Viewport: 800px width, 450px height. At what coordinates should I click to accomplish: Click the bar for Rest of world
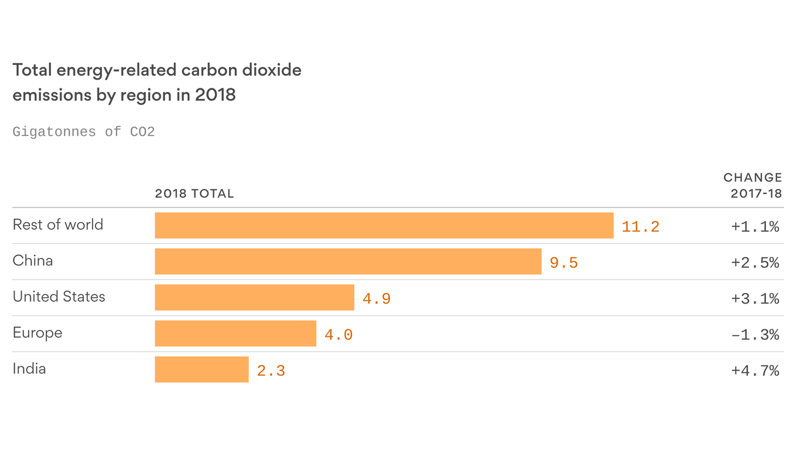tap(384, 226)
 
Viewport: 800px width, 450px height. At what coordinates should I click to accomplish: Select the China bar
tap(348, 261)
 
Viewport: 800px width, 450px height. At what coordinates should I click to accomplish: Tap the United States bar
tap(254, 298)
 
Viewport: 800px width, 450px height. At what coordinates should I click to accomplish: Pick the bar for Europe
tap(235, 333)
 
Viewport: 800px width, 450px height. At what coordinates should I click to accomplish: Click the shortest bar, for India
tap(201, 370)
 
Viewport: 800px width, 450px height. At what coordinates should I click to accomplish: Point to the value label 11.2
tap(640, 227)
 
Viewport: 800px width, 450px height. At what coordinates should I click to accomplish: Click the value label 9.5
tap(563, 262)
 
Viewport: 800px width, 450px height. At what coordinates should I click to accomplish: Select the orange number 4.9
tap(376, 299)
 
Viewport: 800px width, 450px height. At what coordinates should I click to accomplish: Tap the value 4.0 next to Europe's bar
tap(338, 335)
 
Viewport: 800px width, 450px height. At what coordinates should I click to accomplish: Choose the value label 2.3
tap(271, 371)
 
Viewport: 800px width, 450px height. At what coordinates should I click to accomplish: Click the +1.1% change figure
tap(755, 227)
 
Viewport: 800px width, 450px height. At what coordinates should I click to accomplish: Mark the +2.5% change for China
tap(755, 262)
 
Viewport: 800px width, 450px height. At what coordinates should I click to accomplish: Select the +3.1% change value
tap(755, 299)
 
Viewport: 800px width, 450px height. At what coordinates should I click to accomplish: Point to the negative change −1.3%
tap(755, 335)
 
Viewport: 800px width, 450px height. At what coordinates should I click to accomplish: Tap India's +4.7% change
tap(755, 371)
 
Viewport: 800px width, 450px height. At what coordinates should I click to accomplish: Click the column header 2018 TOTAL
tap(194, 194)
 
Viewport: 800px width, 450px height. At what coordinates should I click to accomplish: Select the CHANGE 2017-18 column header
tap(753, 185)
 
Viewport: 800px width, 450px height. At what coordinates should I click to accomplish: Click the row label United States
tap(59, 296)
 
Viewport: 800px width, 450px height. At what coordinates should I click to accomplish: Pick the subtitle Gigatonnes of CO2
tap(83, 132)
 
